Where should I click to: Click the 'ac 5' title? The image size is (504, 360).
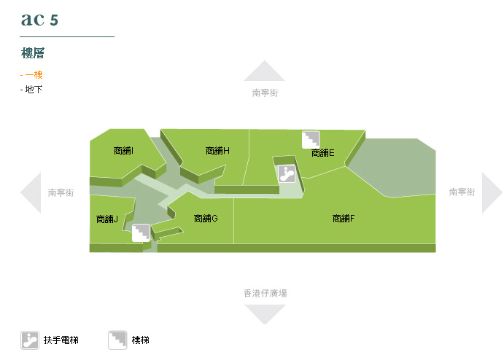point(39,20)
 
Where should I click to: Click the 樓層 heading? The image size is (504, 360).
point(34,53)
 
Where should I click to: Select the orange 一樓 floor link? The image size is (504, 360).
point(34,74)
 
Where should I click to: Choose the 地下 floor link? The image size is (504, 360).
point(34,89)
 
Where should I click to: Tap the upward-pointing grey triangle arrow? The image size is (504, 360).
point(264,71)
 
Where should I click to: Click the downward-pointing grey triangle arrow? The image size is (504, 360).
point(264,314)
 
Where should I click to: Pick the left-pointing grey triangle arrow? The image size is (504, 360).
point(31,193)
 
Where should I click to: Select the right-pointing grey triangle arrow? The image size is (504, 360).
point(492,193)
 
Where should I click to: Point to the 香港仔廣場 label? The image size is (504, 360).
point(265,293)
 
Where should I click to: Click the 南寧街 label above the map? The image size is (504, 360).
point(265,93)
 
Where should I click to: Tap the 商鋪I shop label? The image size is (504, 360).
point(123,151)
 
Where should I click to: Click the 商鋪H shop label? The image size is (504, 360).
point(217,151)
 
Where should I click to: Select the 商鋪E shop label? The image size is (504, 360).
point(322,153)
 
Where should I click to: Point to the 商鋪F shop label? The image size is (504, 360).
point(344,219)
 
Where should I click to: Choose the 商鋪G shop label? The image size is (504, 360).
point(206,219)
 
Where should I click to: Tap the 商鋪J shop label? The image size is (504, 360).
point(107,219)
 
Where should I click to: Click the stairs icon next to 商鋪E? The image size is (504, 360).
point(311,139)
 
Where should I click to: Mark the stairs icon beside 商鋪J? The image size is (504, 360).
point(140,232)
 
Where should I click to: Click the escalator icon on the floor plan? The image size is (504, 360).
point(287,173)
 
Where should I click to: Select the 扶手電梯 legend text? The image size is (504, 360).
point(61,340)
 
